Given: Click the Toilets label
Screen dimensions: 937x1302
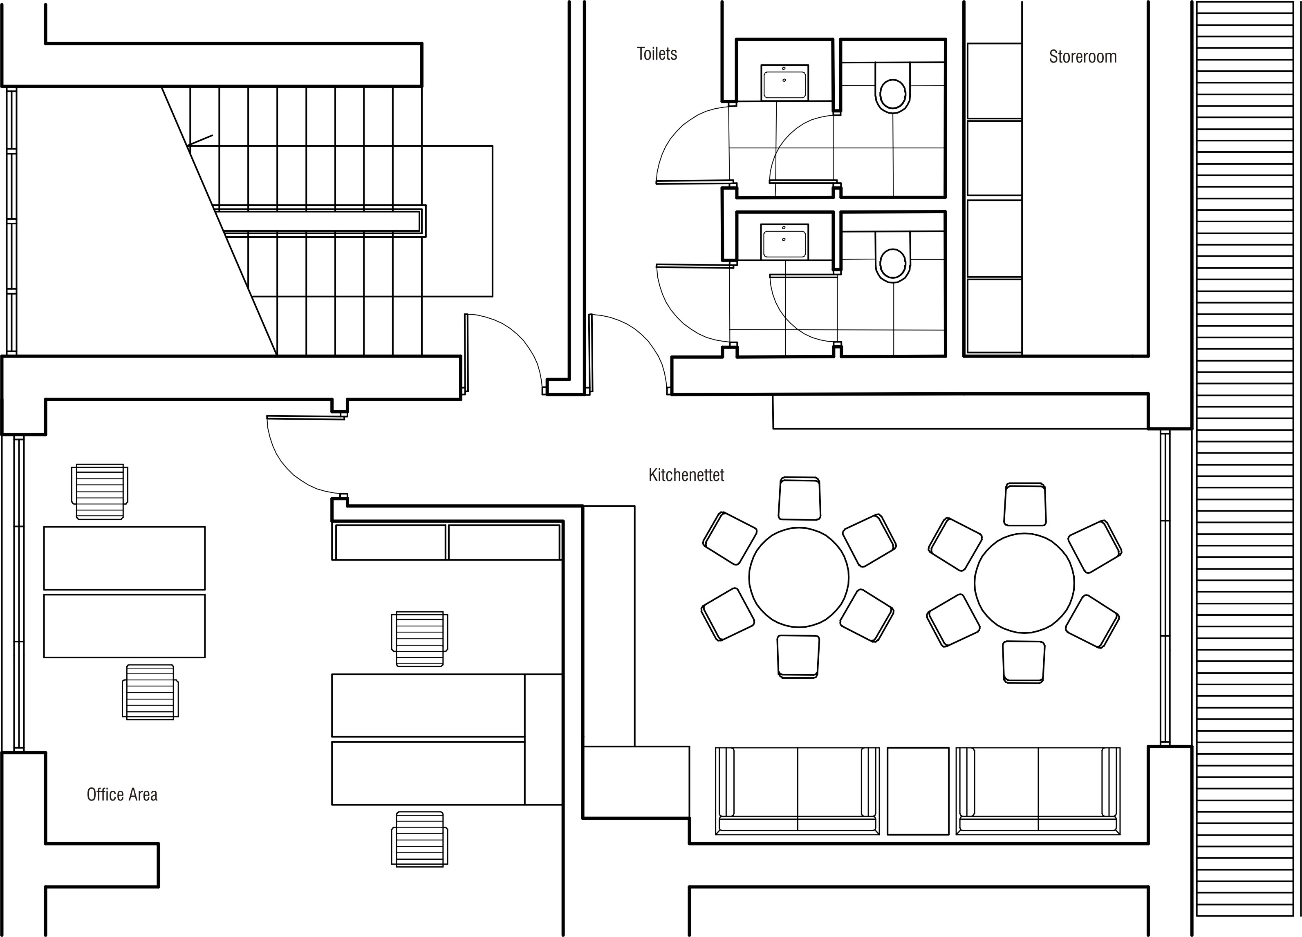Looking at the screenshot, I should point(657,54).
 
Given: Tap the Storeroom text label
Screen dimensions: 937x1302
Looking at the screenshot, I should point(1083,57).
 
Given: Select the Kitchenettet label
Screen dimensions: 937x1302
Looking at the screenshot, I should point(686,475).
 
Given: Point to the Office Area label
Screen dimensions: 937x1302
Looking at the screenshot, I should point(122,795).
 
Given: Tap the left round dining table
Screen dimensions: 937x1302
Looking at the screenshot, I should point(798,577).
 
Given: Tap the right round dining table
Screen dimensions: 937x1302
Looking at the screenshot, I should point(1024,583).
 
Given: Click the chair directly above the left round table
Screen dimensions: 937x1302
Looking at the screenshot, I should point(800,499).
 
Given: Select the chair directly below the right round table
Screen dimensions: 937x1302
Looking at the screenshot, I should point(1024,662).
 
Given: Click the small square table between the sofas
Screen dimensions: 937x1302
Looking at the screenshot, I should point(917,791).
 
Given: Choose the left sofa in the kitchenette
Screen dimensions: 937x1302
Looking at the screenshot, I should point(798,791).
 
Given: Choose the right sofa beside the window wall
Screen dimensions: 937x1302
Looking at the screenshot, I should point(1038,791).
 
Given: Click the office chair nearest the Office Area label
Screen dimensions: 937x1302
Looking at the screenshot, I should point(150,692).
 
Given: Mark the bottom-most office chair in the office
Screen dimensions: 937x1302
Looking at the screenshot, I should point(420,839).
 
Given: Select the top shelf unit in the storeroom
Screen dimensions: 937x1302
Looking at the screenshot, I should point(994,81).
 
